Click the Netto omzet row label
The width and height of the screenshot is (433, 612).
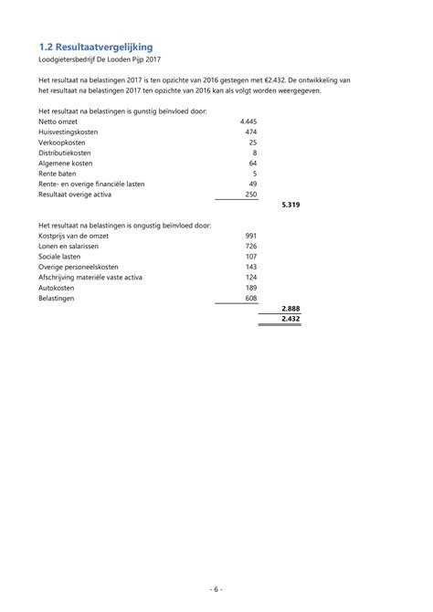point(58,121)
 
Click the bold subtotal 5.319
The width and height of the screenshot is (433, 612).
point(290,205)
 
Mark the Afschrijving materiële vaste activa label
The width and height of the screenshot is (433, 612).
point(90,277)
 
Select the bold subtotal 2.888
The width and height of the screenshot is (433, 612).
point(290,310)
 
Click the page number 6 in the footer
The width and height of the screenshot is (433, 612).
point(216,590)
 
